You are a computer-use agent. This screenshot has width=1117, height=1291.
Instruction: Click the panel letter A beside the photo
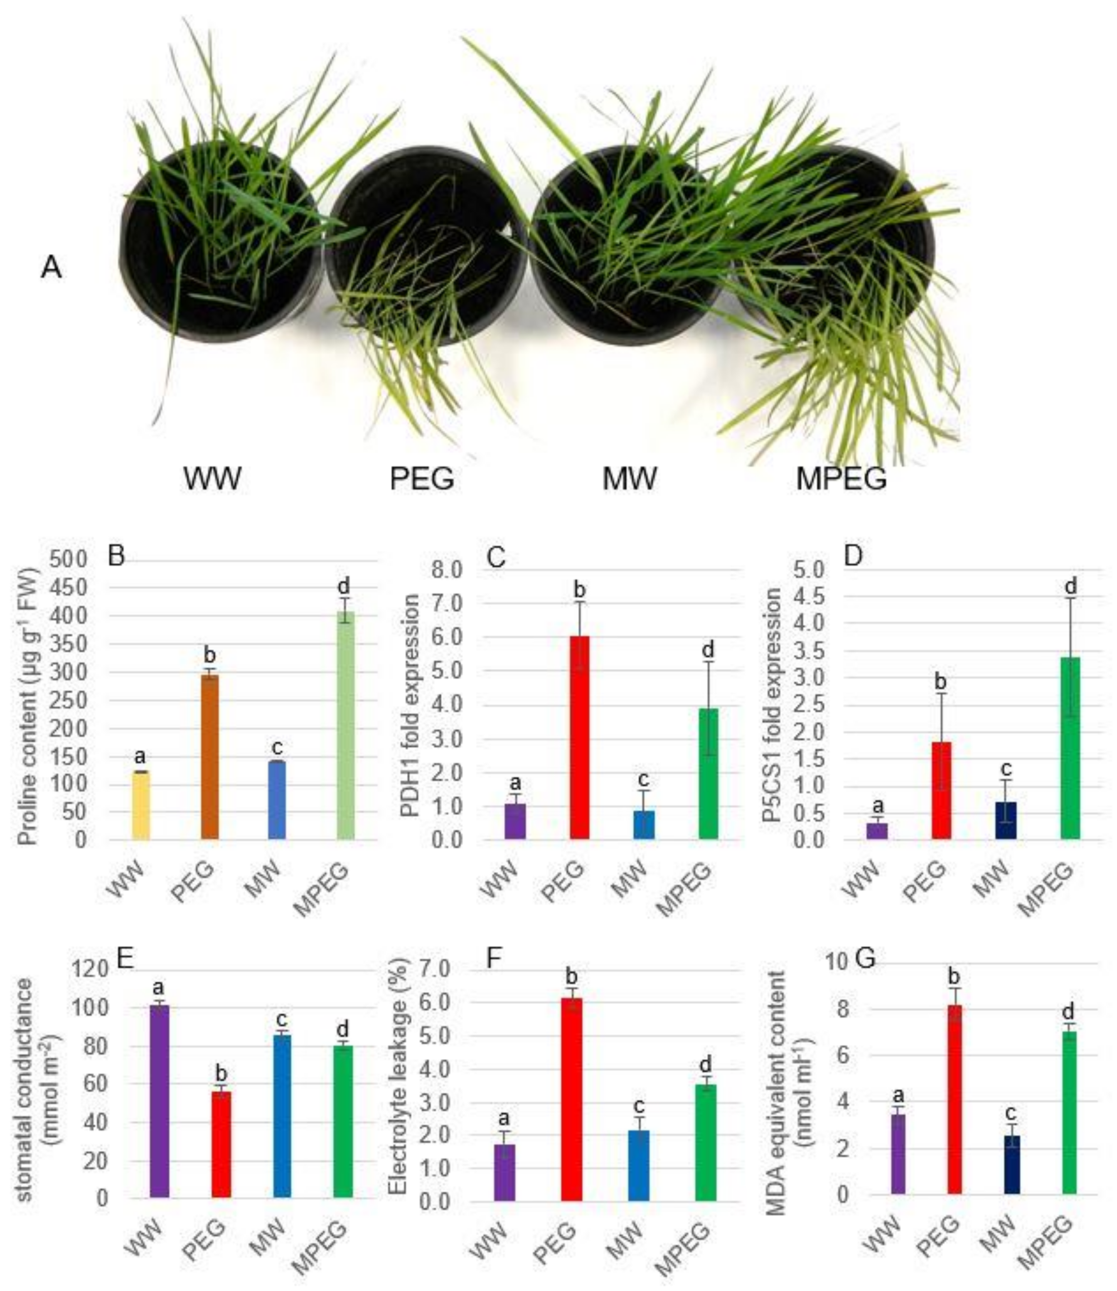(x=51, y=268)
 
